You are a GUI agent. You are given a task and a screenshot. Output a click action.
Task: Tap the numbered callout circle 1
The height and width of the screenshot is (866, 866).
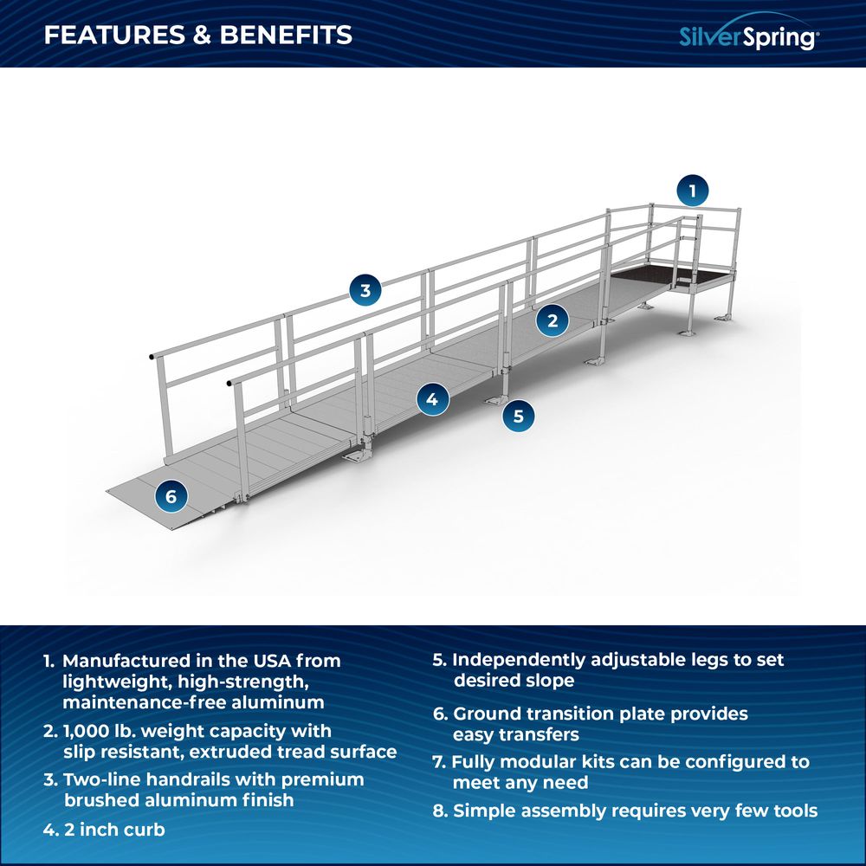693,191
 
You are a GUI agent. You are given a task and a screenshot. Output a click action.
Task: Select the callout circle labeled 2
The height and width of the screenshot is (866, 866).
553,320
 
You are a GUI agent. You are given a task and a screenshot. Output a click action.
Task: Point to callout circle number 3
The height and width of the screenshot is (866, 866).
365,290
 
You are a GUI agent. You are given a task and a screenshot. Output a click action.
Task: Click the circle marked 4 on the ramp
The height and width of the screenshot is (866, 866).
432,398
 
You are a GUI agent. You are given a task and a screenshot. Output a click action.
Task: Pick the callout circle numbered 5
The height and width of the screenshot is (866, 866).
518,416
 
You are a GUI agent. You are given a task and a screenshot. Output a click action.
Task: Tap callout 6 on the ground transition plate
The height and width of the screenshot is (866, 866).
171,496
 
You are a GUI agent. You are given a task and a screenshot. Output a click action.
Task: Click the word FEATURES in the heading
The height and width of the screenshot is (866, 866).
114,35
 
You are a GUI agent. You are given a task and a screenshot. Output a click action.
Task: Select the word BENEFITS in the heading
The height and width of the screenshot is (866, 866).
286,35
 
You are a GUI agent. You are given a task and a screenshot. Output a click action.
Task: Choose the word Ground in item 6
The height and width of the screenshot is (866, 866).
487,714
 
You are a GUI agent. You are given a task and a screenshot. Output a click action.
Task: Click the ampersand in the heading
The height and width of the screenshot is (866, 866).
203,35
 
